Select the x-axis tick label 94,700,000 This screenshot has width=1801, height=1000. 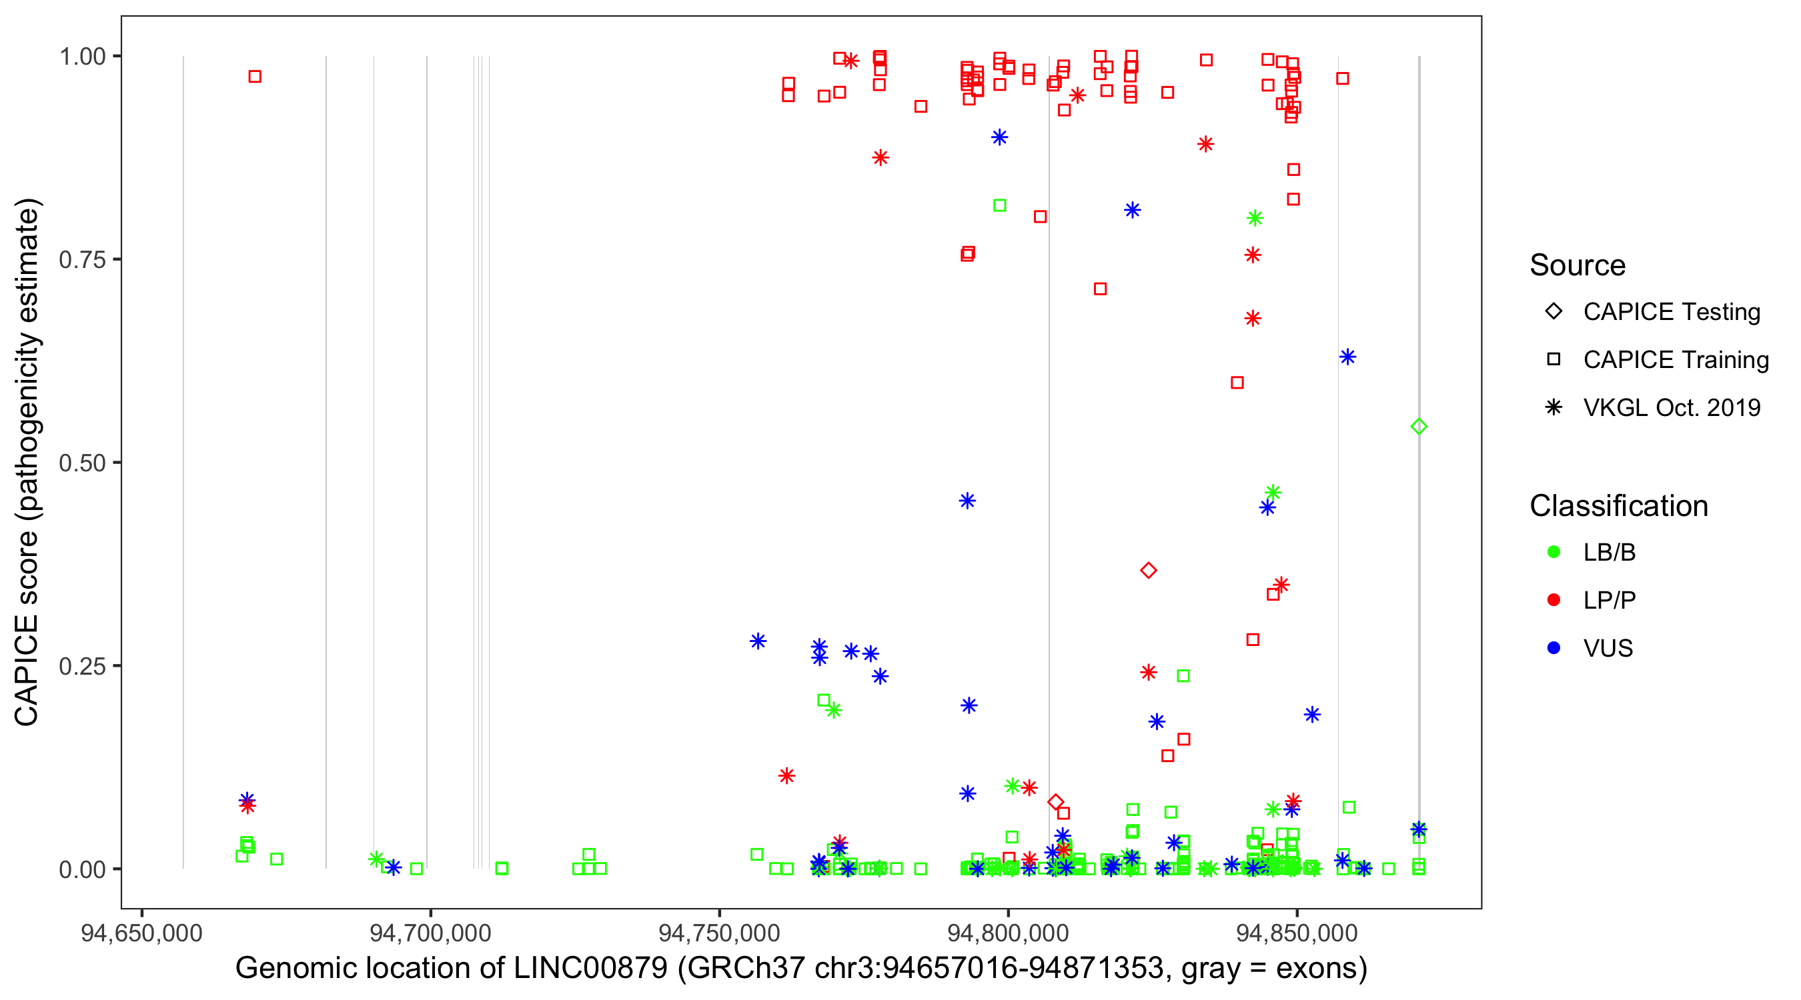coord(430,933)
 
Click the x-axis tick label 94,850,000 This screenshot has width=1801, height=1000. coord(1297,933)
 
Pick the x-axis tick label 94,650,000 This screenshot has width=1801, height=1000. coord(142,933)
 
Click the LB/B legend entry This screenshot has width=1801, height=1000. coord(1609,553)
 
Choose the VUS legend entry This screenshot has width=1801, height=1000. coord(1608,649)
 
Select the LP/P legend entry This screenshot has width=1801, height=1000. coord(1609,600)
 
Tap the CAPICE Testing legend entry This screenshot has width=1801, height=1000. coord(1671,312)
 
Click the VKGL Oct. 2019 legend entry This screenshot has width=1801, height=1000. coord(1671,408)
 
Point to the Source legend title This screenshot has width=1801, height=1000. coord(1578,265)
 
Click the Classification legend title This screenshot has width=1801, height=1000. coord(1618,506)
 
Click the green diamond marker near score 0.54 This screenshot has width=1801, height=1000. coord(1419,427)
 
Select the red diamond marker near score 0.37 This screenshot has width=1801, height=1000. coord(1148,571)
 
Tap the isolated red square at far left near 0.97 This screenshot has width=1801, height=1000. coord(255,77)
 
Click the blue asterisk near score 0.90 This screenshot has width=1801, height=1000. coord(1000,137)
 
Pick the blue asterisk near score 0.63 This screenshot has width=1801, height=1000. coord(1347,357)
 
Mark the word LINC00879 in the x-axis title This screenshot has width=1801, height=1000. coord(591,969)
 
